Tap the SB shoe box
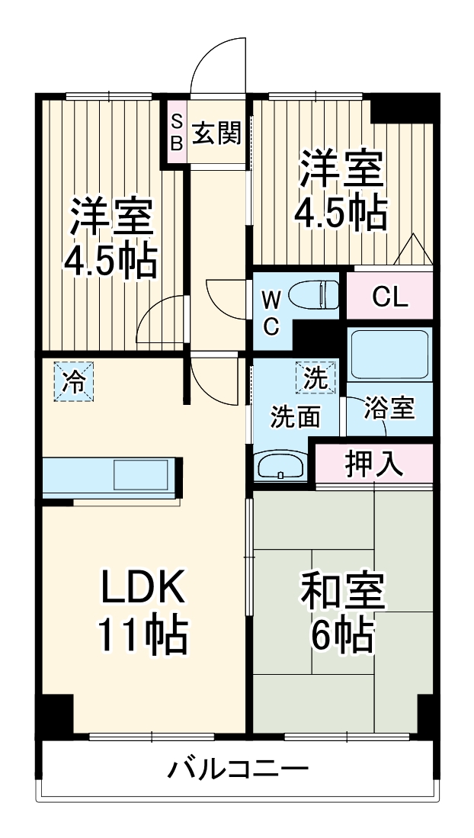176,131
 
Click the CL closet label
389,296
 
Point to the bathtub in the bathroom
389,354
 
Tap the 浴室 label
389,408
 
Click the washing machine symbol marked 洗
315,377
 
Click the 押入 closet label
373,463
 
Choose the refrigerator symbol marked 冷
74,381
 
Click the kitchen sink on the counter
142,475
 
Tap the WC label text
271,312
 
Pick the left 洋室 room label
111,218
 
